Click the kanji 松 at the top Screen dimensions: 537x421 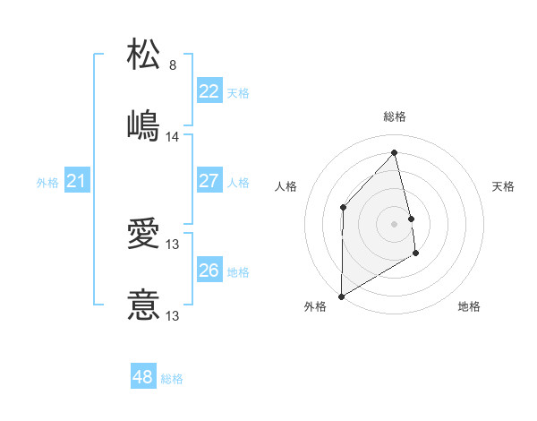pos(144,53)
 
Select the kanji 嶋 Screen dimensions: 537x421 pos(144,125)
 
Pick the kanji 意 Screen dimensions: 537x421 pos(144,305)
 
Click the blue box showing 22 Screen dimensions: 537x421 pos(209,91)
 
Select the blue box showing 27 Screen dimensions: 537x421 pos(209,182)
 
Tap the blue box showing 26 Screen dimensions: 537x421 pos(209,271)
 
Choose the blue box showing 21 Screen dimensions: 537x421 pos(76,182)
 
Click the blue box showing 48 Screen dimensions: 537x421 pos(143,378)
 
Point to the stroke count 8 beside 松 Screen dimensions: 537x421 pos(173,65)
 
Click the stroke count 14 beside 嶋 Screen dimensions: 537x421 pos(173,137)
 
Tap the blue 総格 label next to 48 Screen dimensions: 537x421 pos(172,379)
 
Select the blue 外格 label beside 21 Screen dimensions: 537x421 pos(47,183)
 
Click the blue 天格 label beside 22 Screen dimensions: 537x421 pos(238,92)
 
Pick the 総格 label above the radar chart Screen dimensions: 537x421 pos(395,116)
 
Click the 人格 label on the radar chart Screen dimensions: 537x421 pos(286,186)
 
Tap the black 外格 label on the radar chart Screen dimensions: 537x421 pos(315,306)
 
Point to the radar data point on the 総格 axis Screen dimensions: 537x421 pos(394,153)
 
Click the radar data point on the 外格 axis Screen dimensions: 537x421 pos(341,296)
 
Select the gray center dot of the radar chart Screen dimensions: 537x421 pos(395,223)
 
